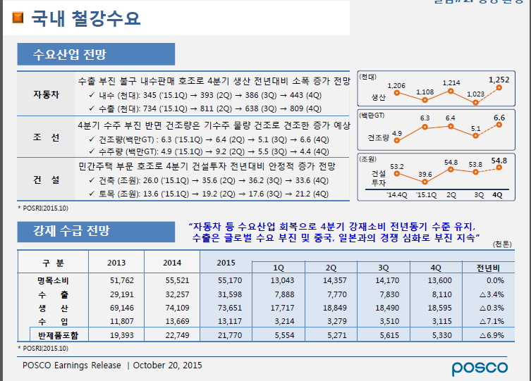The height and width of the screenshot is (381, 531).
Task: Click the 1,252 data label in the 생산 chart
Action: click(x=498, y=80)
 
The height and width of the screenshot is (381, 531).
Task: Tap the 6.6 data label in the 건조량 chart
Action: click(x=499, y=118)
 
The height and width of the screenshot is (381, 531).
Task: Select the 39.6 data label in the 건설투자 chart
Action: click(x=425, y=174)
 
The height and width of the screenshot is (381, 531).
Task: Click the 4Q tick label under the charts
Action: click(x=498, y=194)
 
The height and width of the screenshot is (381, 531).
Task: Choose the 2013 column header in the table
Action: click(x=117, y=263)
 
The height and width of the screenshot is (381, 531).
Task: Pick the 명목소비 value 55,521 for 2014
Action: click(x=172, y=281)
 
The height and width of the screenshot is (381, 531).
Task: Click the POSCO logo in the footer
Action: click(x=480, y=367)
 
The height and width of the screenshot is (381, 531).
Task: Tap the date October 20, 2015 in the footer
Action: click(x=167, y=366)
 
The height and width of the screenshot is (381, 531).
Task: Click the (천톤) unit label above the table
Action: click(x=502, y=244)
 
